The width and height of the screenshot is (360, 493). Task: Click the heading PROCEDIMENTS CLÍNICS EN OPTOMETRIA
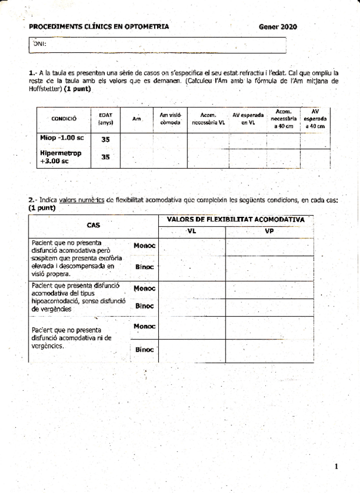click(99, 27)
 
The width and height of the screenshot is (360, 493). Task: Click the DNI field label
click(40, 44)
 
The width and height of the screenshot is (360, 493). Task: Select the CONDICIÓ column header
click(65, 119)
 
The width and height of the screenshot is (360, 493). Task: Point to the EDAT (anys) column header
click(106, 119)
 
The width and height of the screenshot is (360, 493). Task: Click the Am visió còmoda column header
click(170, 119)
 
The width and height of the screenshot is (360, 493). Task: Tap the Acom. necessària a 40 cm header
click(283, 119)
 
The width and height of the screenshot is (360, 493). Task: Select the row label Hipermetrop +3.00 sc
click(60, 157)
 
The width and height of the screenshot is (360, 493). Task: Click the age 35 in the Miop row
click(106, 140)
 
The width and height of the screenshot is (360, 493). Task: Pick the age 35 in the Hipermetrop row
click(106, 157)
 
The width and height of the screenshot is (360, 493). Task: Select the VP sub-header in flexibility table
click(269, 231)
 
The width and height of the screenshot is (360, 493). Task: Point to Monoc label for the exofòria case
click(144, 246)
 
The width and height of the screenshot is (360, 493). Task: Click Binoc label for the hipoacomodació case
click(144, 306)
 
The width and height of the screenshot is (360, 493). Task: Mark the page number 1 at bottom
click(337, 466)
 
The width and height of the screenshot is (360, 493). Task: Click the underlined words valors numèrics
click(81, 200)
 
